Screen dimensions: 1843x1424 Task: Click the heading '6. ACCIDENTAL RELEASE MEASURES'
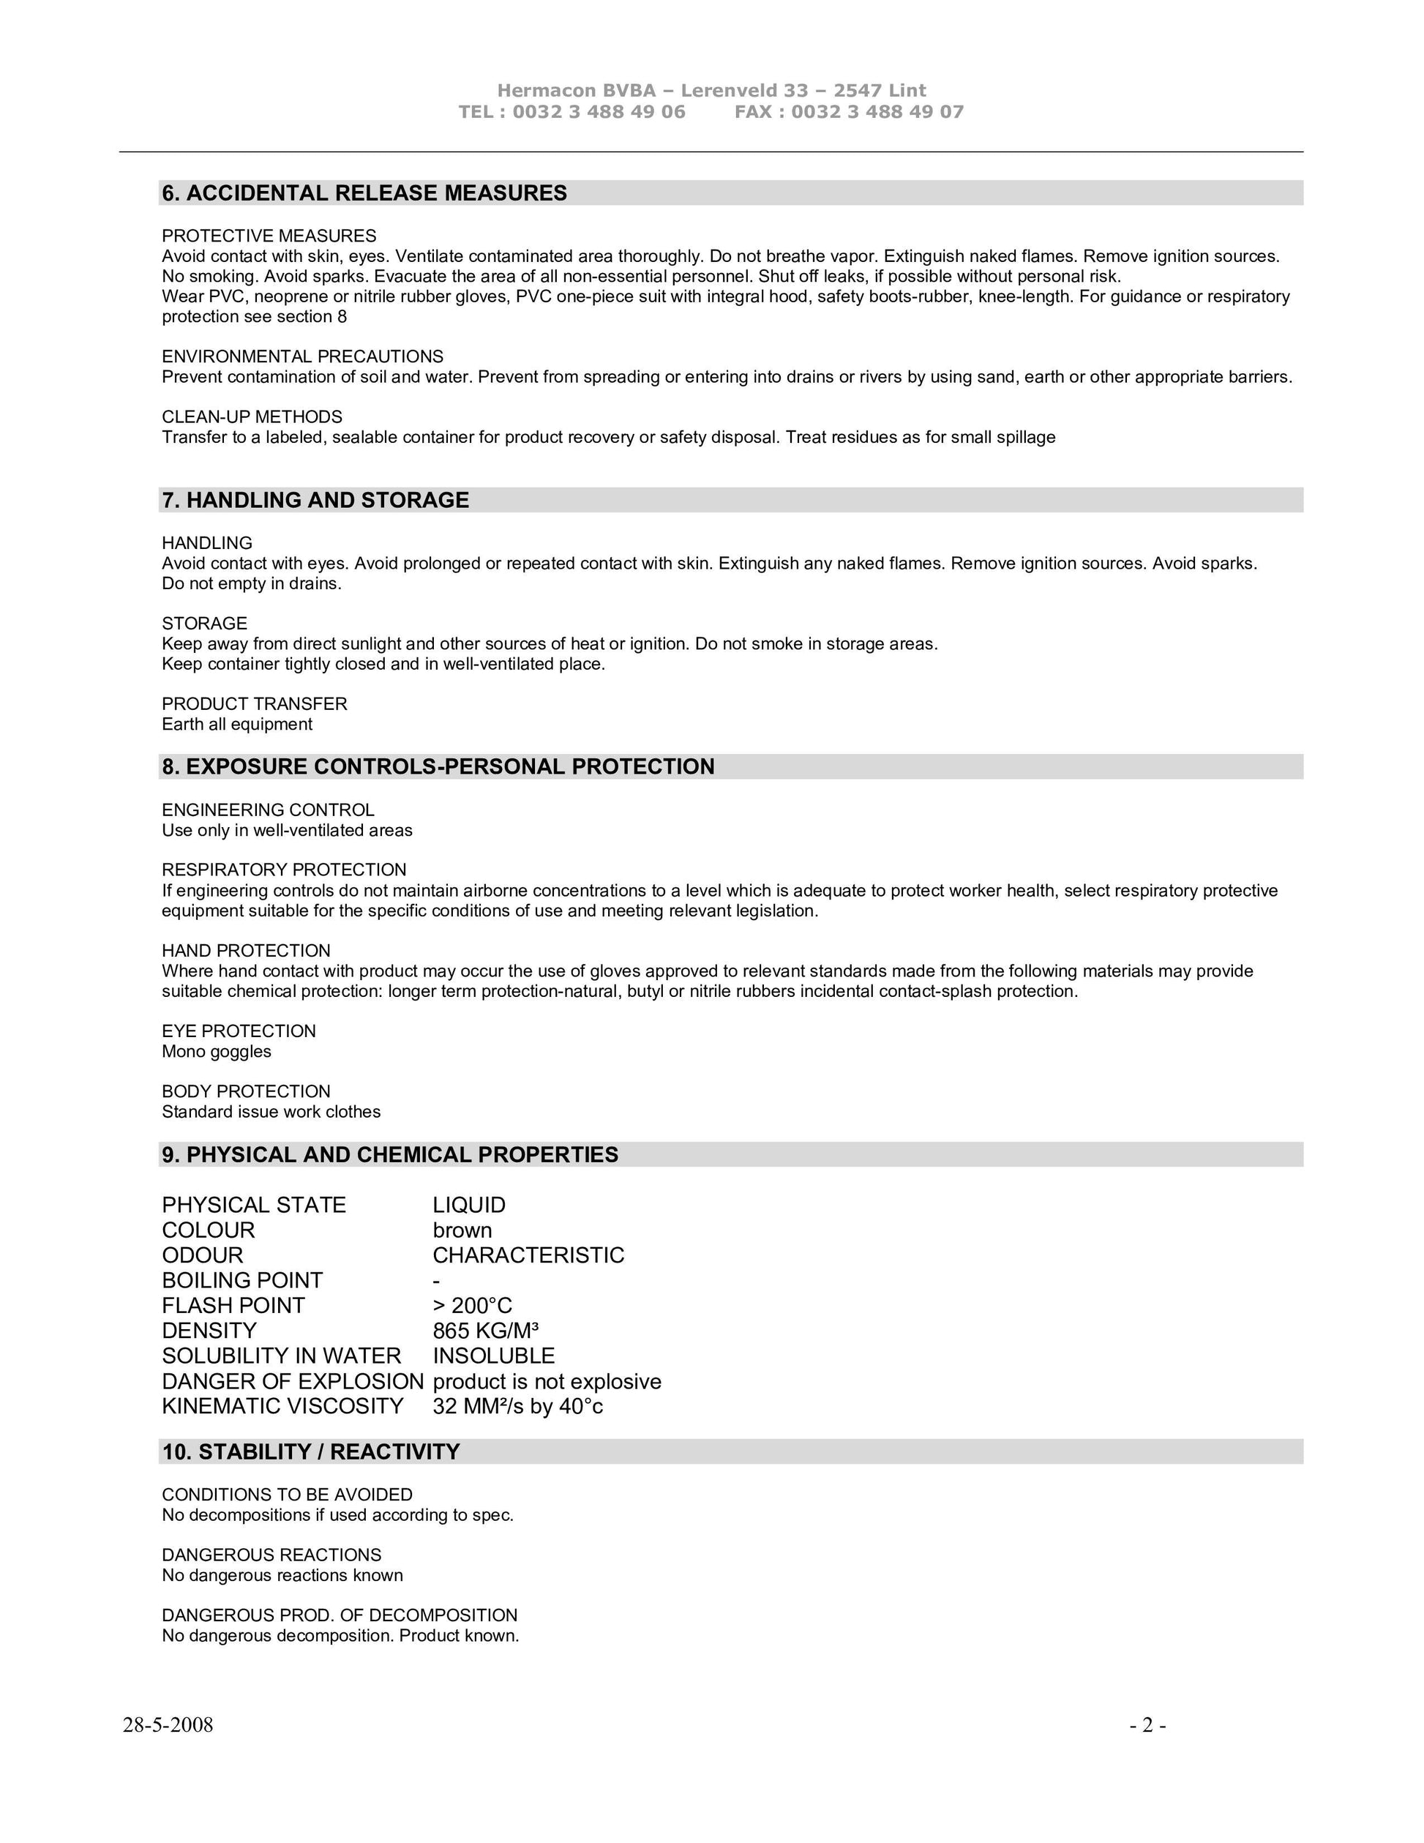pos(364,193)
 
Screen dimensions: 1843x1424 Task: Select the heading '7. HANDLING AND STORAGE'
pos(315,501)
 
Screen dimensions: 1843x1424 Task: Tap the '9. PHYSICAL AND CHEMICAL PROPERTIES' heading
pos(390,1155)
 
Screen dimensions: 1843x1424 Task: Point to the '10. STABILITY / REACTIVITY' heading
pos(311,1452)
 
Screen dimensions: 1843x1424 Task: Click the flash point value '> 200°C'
pos(473,1306)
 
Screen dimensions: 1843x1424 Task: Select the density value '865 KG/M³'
pos(486,1331)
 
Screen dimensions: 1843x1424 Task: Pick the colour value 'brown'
pos(462,1230)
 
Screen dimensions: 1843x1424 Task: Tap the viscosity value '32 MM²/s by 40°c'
pos(518,1407)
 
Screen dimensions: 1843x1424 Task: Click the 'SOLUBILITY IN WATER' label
pos(281,1356)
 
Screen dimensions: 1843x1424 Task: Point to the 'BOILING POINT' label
pos(242,1281)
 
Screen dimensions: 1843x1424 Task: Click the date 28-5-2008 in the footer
pos(168,1725)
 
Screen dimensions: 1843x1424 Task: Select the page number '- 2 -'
pos(1148,1725)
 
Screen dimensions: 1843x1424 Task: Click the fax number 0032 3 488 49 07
pos(877,112)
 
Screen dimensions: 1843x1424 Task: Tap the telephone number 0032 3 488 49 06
pos(599,112)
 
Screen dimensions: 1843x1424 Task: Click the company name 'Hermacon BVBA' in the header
pos(576,90)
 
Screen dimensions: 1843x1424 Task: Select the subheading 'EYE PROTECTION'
pos(239,1031)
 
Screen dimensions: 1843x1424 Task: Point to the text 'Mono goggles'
pos(217,1052)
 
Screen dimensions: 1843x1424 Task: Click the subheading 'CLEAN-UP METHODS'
pos(252,417)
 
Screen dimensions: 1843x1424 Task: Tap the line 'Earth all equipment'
pos(237,724)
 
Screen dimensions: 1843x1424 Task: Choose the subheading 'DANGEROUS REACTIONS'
pos(271,1555)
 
